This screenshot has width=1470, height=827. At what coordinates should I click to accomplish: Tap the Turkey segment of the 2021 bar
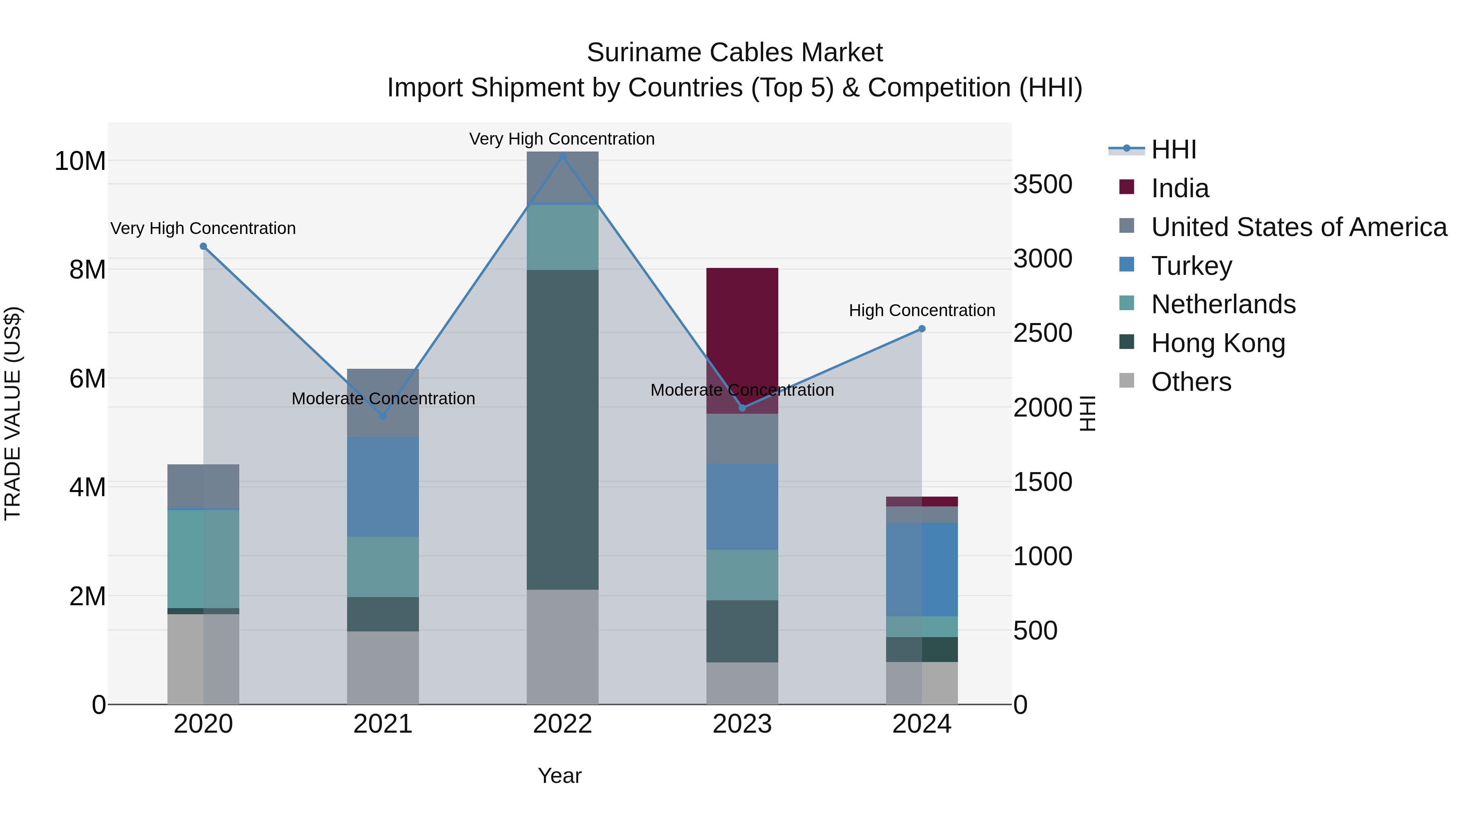click(383, 486)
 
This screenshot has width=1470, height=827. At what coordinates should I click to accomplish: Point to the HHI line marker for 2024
click(922, 329)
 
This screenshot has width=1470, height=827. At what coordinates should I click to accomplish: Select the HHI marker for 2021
click(383, 416)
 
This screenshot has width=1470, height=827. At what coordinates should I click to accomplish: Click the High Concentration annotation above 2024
click(922, 310)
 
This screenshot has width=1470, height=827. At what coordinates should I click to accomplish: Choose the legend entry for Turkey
click(1192, 266)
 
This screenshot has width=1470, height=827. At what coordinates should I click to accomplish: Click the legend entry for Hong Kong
click(1218, 343)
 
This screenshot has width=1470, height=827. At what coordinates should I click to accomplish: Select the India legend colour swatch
click(1127, 187)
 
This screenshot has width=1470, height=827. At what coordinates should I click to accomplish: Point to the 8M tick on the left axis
click(87, 270)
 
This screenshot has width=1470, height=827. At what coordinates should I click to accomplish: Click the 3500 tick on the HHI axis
click(1042, 184)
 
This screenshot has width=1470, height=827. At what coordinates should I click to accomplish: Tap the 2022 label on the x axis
click(562, 724)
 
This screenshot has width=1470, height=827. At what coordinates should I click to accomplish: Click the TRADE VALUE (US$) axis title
click(13, 413)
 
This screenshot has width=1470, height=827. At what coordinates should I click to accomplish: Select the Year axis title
click(559, 776)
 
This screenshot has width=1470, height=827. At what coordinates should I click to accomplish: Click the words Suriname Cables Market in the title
click(735, 53)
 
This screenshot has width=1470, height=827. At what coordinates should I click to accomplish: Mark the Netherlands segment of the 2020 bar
click(203, 559)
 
